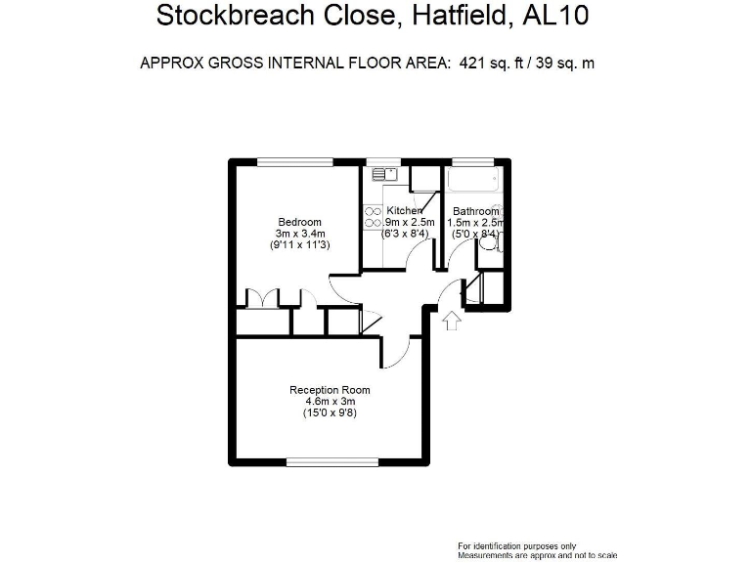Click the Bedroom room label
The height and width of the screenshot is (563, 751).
pyautogui.click(x=299, y=222)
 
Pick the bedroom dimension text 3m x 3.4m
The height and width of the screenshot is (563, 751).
pyautogui.click(x=299, y=234)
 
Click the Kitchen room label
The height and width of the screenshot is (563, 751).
pyautogui.click(x=404, y=211)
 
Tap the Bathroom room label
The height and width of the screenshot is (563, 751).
pyautogui.click(x=475, y=211)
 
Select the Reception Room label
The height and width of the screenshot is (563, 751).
pyautogui.click(x=330, y=390)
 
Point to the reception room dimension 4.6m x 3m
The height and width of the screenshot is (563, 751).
pyautogui.click(x=330, y=402)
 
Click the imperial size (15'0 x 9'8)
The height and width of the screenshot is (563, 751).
pyautogui.click(x=330, y=413)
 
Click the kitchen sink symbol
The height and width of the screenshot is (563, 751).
pyautogui.click(x=382, y=175)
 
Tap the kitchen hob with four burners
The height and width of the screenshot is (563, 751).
pyautogui.click(x=373, y=217)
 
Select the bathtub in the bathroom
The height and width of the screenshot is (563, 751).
pyautogui.click(x=474, y=182)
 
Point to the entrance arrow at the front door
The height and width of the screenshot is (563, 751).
pyautogui.click(x=451, y=322)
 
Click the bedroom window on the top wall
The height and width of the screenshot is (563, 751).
pyautogui.click(x=294, y=161)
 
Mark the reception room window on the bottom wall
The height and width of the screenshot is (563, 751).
pyautogui.click(x=332, y=461)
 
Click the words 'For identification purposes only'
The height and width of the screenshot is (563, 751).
pyautogui.click(x=517, y=545)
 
